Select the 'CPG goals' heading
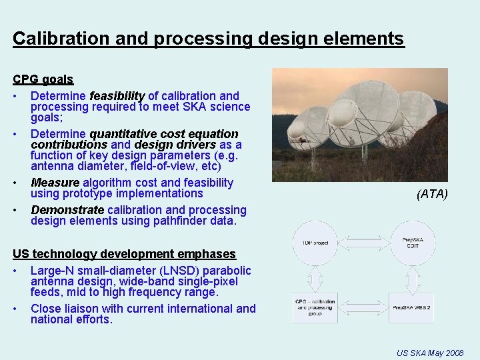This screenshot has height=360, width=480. coord(43,79)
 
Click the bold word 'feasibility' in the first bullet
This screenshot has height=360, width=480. coord(117,96)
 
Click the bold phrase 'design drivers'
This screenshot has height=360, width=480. coord(175,145)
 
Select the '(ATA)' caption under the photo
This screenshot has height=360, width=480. coord(432,194)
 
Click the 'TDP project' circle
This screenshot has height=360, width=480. coord(315,243)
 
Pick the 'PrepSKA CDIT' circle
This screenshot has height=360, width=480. coord(411,243)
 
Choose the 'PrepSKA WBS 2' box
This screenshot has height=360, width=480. coord(411,307)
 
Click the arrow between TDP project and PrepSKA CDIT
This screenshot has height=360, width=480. coord(363,243)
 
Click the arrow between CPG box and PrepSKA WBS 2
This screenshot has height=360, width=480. coord(363,307)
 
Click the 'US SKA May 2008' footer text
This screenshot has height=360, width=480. coord(430,352)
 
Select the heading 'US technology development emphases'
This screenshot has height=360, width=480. coord(125,254)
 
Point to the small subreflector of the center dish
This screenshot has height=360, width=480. coord(342,113)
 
